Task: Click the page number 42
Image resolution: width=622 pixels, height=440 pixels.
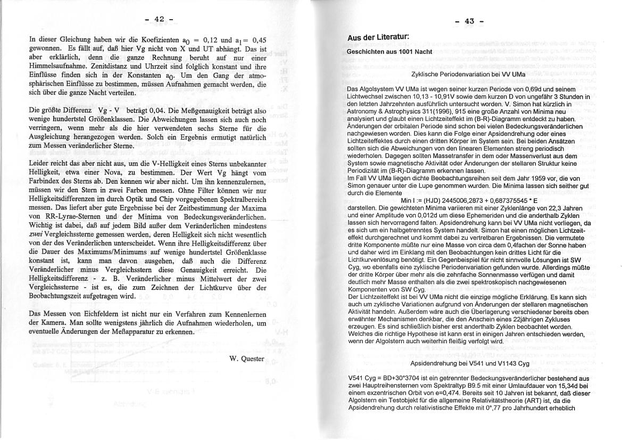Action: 159,19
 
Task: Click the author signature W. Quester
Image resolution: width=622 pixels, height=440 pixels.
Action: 246,358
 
